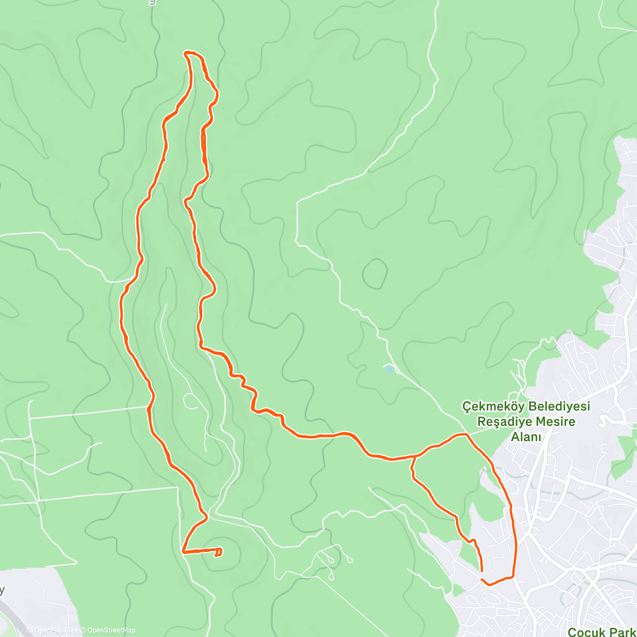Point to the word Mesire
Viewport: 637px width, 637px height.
555,422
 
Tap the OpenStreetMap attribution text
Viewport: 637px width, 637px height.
111,630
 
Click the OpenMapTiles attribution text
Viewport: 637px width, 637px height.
56,630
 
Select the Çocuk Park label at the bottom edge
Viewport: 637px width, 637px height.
602,632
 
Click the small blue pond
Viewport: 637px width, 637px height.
389,369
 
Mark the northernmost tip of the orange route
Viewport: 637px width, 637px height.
186,52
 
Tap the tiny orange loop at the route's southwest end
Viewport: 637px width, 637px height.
218,553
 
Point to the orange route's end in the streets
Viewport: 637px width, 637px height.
481,571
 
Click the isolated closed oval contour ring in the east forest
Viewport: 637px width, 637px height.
375,274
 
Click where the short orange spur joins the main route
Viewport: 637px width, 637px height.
414,457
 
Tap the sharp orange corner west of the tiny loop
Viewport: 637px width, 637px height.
183,552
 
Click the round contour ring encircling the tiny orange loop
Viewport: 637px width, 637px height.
234,552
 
